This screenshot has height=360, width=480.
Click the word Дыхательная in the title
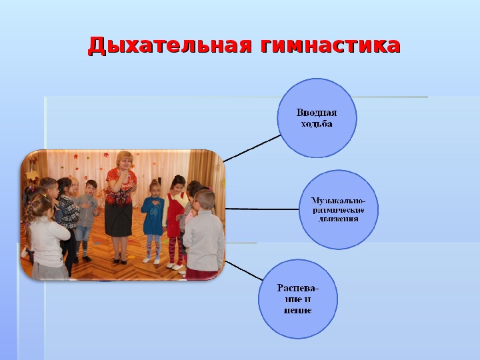170,46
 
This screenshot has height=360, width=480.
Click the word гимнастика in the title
331,45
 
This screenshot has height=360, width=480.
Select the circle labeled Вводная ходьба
317,118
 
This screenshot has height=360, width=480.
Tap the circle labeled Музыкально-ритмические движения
339,210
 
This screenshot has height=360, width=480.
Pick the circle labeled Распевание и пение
298,299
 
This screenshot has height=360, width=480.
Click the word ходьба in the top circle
317,124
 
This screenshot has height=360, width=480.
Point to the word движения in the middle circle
338,219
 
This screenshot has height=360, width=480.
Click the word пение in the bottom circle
298,311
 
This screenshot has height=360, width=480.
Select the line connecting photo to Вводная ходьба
252,149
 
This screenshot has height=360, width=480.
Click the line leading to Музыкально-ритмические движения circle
262,209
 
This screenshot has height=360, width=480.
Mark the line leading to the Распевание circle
244,271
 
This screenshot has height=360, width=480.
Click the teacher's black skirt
119,219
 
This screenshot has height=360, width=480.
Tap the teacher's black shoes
120,261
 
